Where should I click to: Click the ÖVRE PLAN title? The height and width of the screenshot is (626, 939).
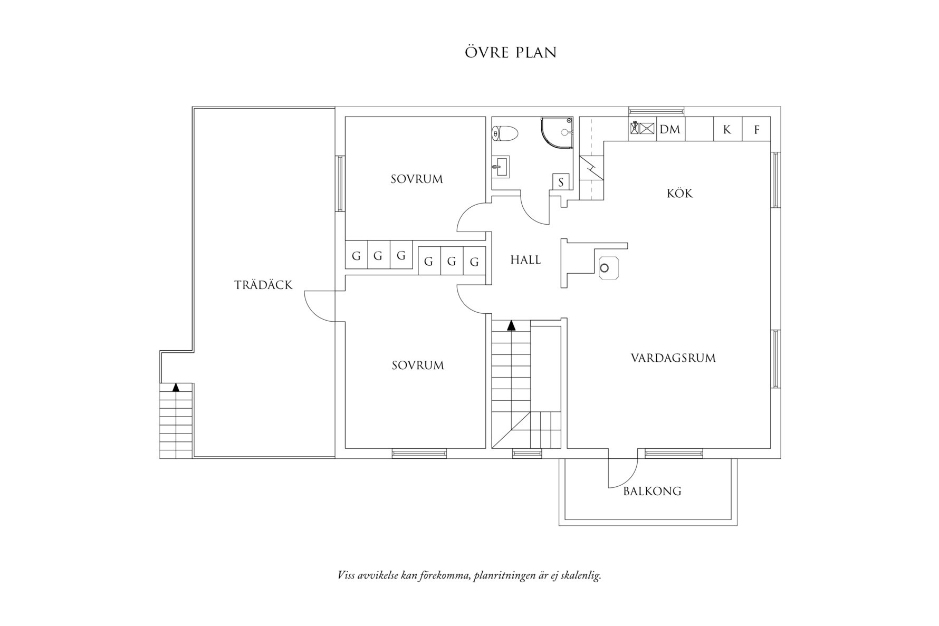pyautogui.click(x=511, y=53)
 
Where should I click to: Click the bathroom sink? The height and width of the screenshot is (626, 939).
pyautogui.click(x=501, y=168)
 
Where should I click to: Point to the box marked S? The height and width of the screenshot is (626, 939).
pyautogui.click(x=561, y=182)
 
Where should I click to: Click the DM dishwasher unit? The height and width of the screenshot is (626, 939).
pyautogui.click(x=670, y=129)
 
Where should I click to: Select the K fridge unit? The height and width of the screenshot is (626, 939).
pyautogui.click(x=727, y=129)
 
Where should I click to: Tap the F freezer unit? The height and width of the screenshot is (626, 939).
pyautogui.click(x=756, y=129)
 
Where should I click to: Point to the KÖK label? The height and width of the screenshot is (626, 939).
pyautogui.click(x=679, y=194)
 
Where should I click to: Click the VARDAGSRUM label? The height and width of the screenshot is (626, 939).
pyautogui.click(x=673, y=358)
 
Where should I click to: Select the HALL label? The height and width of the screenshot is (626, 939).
pyautogui.click(x=525, y=260)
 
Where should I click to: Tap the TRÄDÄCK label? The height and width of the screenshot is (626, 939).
pyautogui.click(x=263, y=285)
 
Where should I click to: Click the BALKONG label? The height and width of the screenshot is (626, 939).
pyautogui.click(x=652, y=492)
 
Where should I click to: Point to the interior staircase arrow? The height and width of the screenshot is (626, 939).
pyautogui.click(x=511, y=325)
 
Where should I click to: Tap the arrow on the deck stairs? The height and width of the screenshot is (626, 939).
pyautogui.click(x=176, y=387)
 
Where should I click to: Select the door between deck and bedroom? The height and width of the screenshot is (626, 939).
pyautogui.click(x=320, y=306)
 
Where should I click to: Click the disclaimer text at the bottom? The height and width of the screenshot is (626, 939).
pyautogui.click(x=469, y=575)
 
